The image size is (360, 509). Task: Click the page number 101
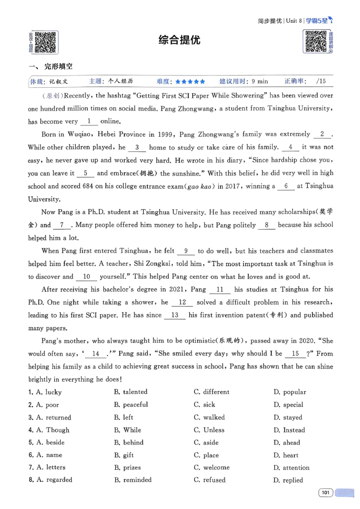pyautogui.click(x=325, y=493)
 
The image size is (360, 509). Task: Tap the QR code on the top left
pyautogui.click(x=45, y=42)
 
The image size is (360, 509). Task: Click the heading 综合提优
pyautogui.click(x=180, y=40)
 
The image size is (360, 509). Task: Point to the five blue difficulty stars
pyautogui.click(x=190, y=82)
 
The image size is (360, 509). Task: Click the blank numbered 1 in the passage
pyautogui.click(x=89, y=121)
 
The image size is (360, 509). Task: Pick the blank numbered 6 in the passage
pyautogui.click(x=285, y=186)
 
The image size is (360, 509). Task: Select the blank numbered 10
pyautogui.click(x=87, y=277)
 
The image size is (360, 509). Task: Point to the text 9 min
pyautogui.click(x=260, y=82)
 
